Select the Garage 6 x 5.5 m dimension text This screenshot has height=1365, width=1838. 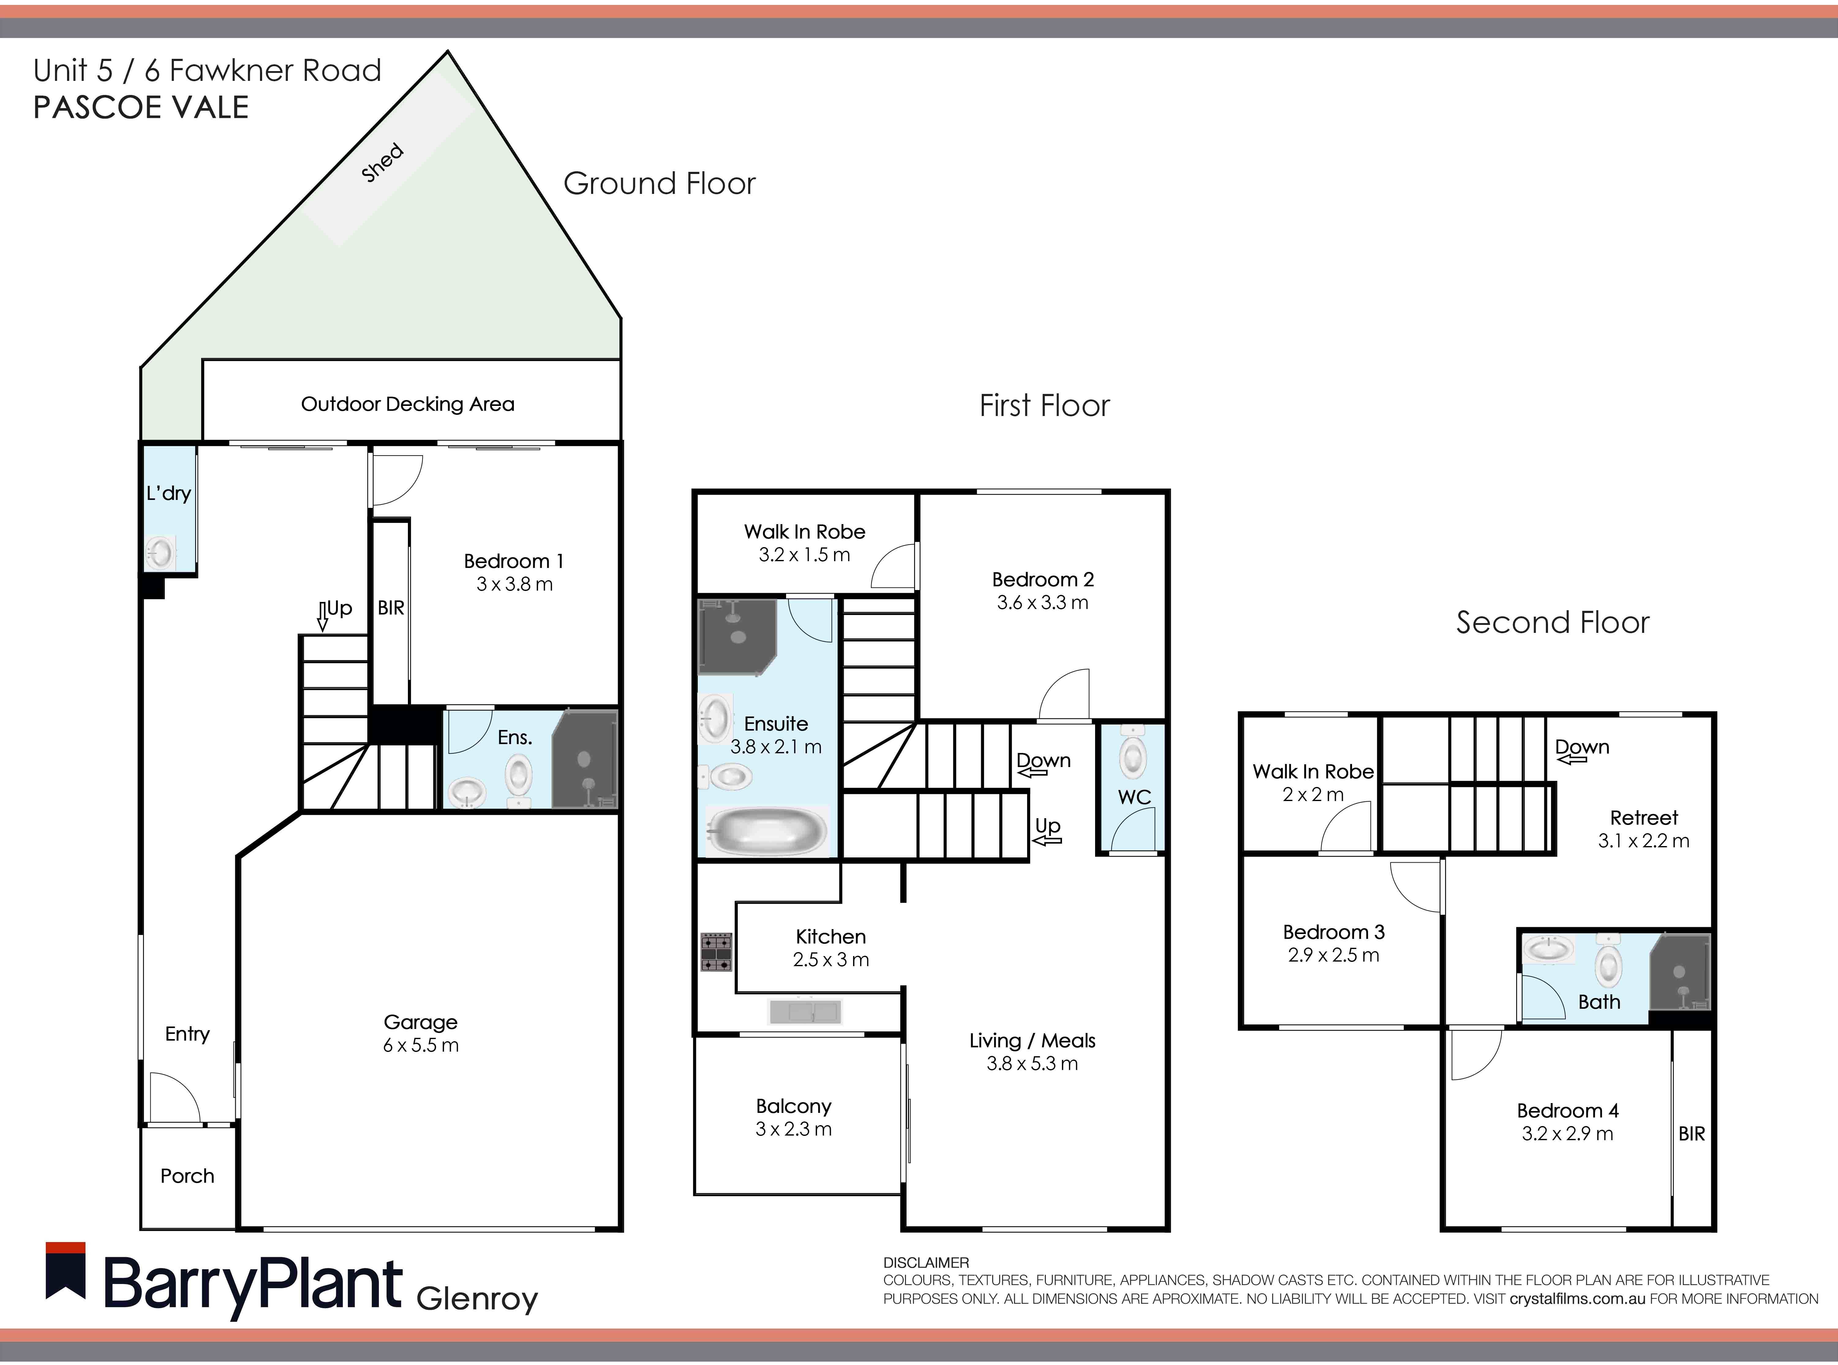(420, 1045)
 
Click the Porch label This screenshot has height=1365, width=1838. (187, 1176)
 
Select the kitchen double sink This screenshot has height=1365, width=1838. (804, 1011)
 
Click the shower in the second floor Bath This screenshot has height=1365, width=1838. (1679, 973)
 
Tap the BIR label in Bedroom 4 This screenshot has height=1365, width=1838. (1691, 1134)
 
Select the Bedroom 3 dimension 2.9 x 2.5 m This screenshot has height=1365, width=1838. (1333, 955)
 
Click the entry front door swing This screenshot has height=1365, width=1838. (174, 1097)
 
